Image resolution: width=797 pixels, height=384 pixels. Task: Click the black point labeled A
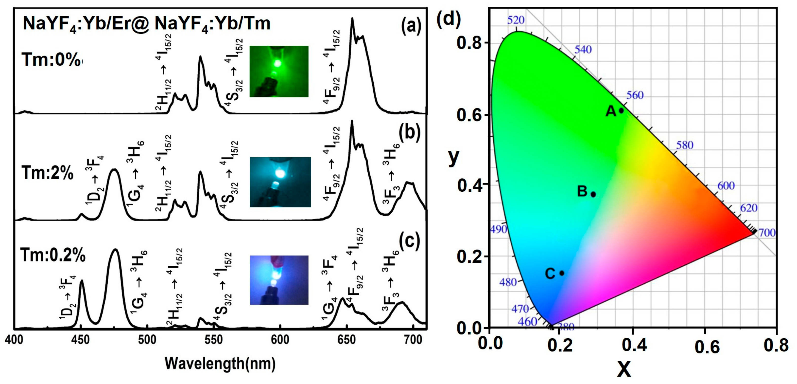click(621, 110)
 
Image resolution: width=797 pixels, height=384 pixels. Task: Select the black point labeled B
click(593, 194)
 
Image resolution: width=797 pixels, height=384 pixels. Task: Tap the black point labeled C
click(562, 273)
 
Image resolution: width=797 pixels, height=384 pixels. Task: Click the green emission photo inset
click(279, 71)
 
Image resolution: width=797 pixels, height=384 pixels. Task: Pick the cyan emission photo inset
click(280, 182)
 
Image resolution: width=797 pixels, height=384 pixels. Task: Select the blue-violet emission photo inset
click(279, 280)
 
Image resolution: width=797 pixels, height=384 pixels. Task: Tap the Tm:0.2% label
click(52, 256)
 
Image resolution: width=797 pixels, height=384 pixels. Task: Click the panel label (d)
click(448, 19)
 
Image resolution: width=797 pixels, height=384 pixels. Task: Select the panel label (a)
click(411, 26)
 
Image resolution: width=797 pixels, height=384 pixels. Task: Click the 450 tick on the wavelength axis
click(80, 340)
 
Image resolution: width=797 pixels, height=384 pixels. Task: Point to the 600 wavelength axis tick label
click(280, 340)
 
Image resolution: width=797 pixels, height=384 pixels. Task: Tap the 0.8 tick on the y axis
click(469, 43)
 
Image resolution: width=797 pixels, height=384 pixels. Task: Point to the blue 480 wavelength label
click(508, 282)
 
